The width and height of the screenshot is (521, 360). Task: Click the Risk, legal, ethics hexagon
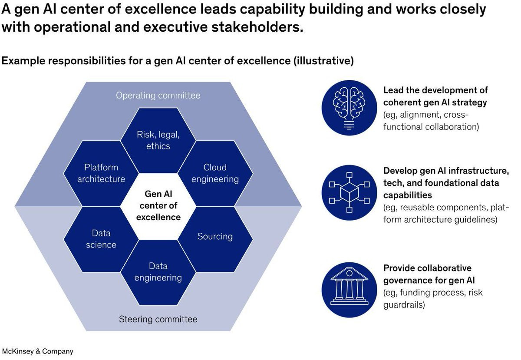coord(158,140)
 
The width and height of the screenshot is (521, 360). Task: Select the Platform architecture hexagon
coord(101,173)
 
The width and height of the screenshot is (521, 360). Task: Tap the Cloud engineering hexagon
coord(215,173)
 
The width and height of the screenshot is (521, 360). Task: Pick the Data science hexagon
coord(101,239)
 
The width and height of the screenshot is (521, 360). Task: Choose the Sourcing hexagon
coord(215,237)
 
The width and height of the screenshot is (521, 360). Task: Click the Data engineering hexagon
coord(158,272)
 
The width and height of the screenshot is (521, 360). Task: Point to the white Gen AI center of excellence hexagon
coord(158,205)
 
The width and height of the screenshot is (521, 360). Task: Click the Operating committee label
coord(158,95)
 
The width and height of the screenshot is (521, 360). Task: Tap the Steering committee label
coord(158,320)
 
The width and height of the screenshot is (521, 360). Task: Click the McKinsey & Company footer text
coord(38,351)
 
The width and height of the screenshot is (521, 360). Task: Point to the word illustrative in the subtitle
coord(323,61)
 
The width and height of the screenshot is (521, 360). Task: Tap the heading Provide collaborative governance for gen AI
coord(429,274)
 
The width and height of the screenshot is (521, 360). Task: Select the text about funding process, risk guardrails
coord(433,298)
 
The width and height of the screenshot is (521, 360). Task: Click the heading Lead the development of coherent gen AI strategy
coord(435,96)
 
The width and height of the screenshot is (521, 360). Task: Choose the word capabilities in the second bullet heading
coord(407,195)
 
